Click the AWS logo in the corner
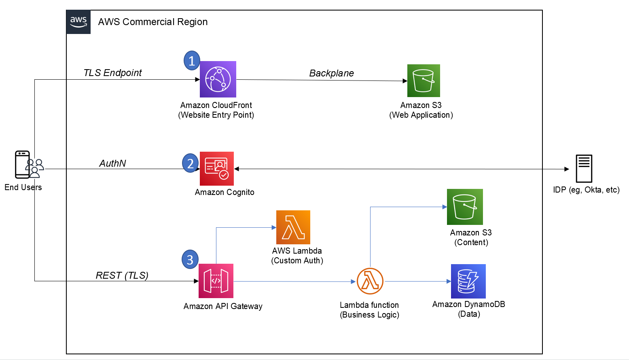tap(78, 22)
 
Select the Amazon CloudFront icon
tap(218, 79)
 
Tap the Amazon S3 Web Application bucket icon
tap(424, 80)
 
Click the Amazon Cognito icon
tap(217, 169)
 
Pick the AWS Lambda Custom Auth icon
tap(293, 227)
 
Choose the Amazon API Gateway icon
tap(216, 281)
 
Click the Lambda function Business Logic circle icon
tap(370, 281)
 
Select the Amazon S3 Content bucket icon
tap(465, 207)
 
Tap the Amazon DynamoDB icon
tap(468, 281)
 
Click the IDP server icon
tap(584, 169)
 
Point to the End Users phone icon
tap(23, 165)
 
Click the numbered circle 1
tap(192, 61)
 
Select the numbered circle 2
tap(190, 163)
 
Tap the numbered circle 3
tap(190, 260)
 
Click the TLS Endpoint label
tap(112, 73)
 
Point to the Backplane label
tap(331, 73)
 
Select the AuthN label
tap(112, 163)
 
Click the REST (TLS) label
tap(122, 275)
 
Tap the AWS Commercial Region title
tap(153, 22)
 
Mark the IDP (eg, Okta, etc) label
tap(586, 190)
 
